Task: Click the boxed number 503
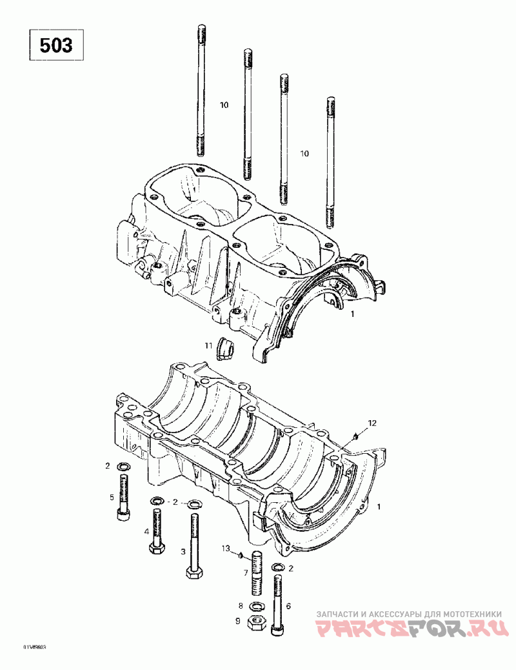click(x=56, y=46)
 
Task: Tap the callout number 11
click(x=209, y=346)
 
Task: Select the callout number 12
click(x=372, y=423)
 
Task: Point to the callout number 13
click(x=226, y=549)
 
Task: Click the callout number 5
click(x=111, y=497)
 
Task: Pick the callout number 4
click(x=147, y=531)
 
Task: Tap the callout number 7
click(x=246, y=573)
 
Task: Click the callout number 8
click(x=241, y=605)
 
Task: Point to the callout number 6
click(x=288, y=606)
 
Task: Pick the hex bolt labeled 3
click(x=193, y=545)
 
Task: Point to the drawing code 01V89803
click(x=35, y=647)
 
